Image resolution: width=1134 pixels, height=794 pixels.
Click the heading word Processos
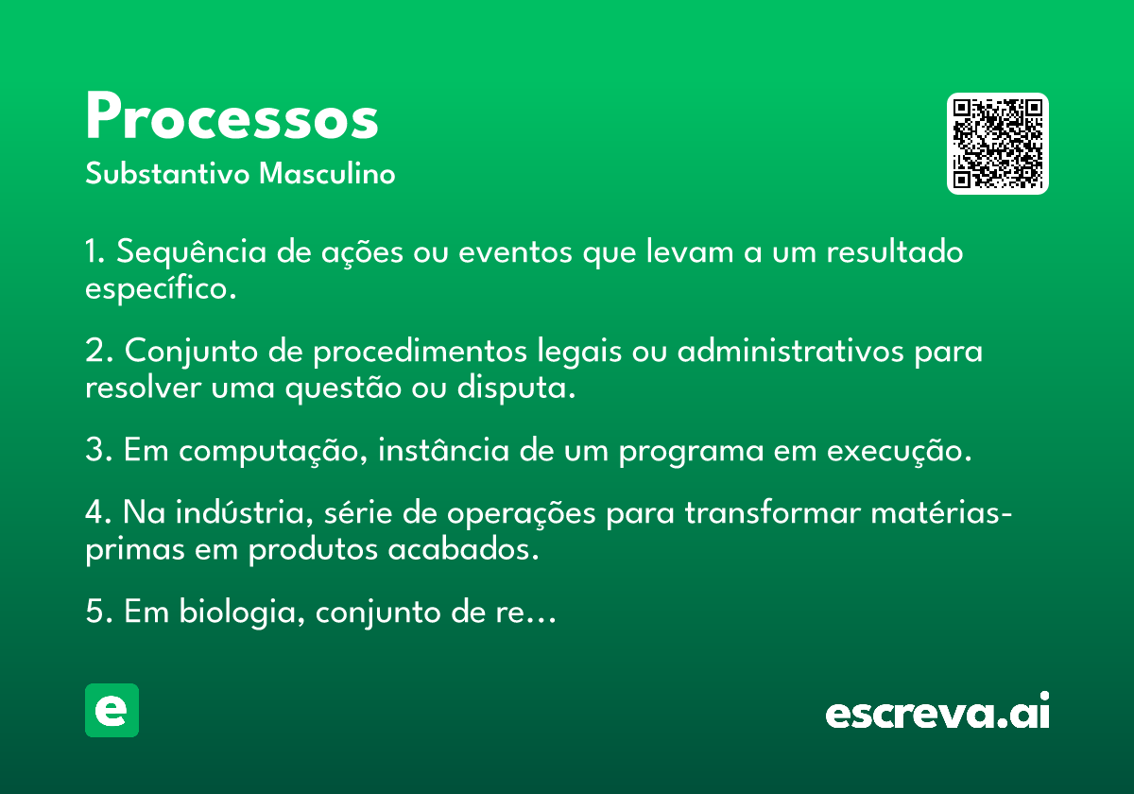pyautogui.click(x=232, y=116)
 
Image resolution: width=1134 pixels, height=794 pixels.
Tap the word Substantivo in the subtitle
pyautogui.click(x=167, y=173)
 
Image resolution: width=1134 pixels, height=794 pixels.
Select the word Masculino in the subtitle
pyautogui.click(x=327, y=173)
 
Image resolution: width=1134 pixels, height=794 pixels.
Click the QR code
pyautogui.click(x=997, y=144)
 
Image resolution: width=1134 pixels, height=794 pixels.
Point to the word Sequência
pyautogui.click(x=191, y=251)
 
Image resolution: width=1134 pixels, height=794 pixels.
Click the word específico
pyautogui.click(x=161, y=288)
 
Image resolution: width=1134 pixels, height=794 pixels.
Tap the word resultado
pyautogui.click(x=895, y=251)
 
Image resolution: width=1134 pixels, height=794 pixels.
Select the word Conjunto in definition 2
pyautogui.click(x=191, y=351)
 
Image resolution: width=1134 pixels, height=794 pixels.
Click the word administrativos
pyautogui.click(x=791, y=351)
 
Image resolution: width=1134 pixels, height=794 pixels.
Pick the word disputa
pyautogui.click(x=516, y=388)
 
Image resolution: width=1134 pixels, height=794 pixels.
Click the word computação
pyautogui.click(x=273, y=451)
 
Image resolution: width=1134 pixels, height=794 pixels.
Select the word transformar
pyautogui.click(x=773, y=512)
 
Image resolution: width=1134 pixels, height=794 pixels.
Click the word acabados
pyautogui.click(x=463, y=549)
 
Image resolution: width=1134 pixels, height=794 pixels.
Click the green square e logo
pyautogui.click(x=112, y=710)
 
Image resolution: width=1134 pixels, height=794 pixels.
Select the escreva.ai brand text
pyautogui.click(x=937, y=711)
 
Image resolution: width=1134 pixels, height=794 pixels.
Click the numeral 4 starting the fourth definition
pyautogui.click(x=94, y=512)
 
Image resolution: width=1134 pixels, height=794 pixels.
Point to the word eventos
pyautogui.click(x=515, y=252)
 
